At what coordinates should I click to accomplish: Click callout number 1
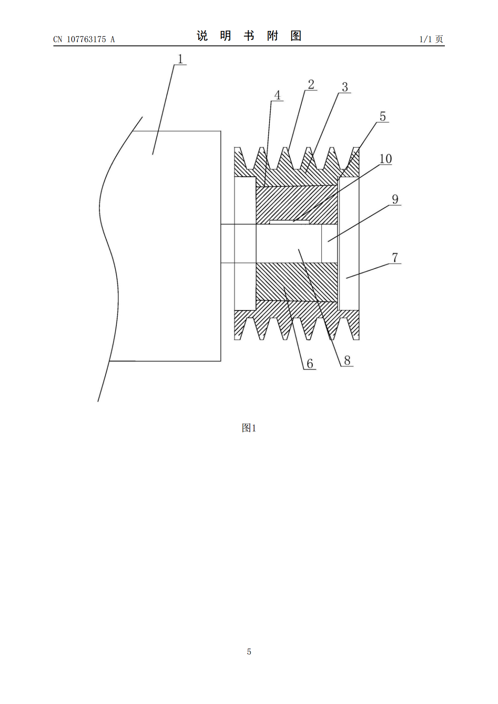180,59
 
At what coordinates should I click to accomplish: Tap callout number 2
311,84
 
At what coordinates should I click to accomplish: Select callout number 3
345,87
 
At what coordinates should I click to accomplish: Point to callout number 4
277,95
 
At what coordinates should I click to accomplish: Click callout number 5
382,116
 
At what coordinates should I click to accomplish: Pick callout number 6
310,364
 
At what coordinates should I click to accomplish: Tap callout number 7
395,258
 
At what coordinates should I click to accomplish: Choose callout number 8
347,360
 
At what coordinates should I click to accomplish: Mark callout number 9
395,199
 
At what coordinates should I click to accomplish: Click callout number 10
385,159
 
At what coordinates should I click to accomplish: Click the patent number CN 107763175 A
84,39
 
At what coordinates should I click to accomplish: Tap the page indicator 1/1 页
431,39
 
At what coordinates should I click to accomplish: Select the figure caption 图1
249,428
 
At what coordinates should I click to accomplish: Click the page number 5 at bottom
249,652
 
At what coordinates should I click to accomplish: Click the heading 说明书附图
249,36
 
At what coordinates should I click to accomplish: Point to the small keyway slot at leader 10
290,222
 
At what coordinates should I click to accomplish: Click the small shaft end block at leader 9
329,243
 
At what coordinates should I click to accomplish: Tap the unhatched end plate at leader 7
349,244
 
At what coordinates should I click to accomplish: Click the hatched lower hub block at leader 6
297,281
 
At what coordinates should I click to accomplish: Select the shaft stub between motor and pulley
228,243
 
